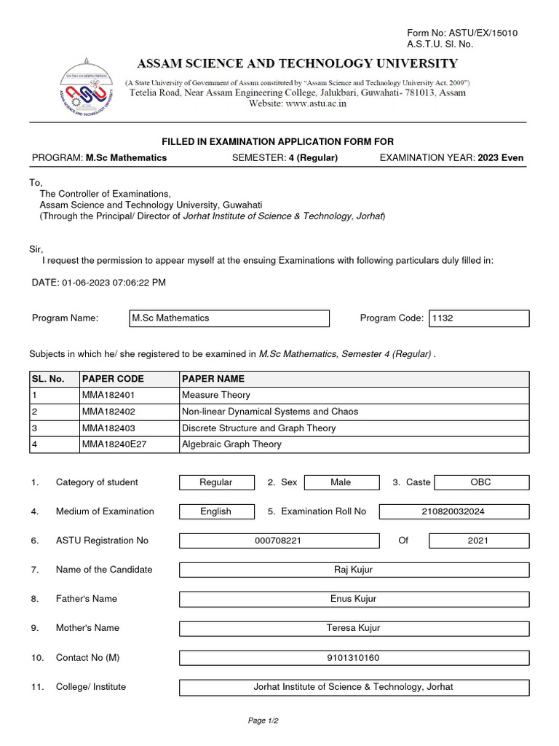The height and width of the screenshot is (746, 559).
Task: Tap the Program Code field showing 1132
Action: (x=479, y=318)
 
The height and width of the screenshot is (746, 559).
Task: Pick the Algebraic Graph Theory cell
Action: (x=231, y=444)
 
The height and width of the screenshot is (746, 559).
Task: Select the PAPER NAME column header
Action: (x=213, y=379)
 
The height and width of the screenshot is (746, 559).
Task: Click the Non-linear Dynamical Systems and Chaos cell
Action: (x=270, y=412)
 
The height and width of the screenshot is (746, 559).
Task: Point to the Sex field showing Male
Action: (x=341, y=482)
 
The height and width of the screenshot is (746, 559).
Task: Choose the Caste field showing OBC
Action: (x=481, y=482)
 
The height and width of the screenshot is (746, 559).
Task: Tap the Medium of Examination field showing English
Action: (x=216, y=511)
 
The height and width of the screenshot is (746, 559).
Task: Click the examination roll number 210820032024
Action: (x=453, y=511)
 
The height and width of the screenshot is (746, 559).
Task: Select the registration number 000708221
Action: (x=279, y=541)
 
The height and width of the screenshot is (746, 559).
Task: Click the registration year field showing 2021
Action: (x=479, y=541)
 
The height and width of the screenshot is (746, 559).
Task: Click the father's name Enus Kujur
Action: (x=353, y=599)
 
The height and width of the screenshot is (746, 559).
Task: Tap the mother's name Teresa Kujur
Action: (x=353, y=628)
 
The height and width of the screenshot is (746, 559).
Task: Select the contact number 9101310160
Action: (x=353, y=658)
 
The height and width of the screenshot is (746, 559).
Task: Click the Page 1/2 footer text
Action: (x=263, y=721)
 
